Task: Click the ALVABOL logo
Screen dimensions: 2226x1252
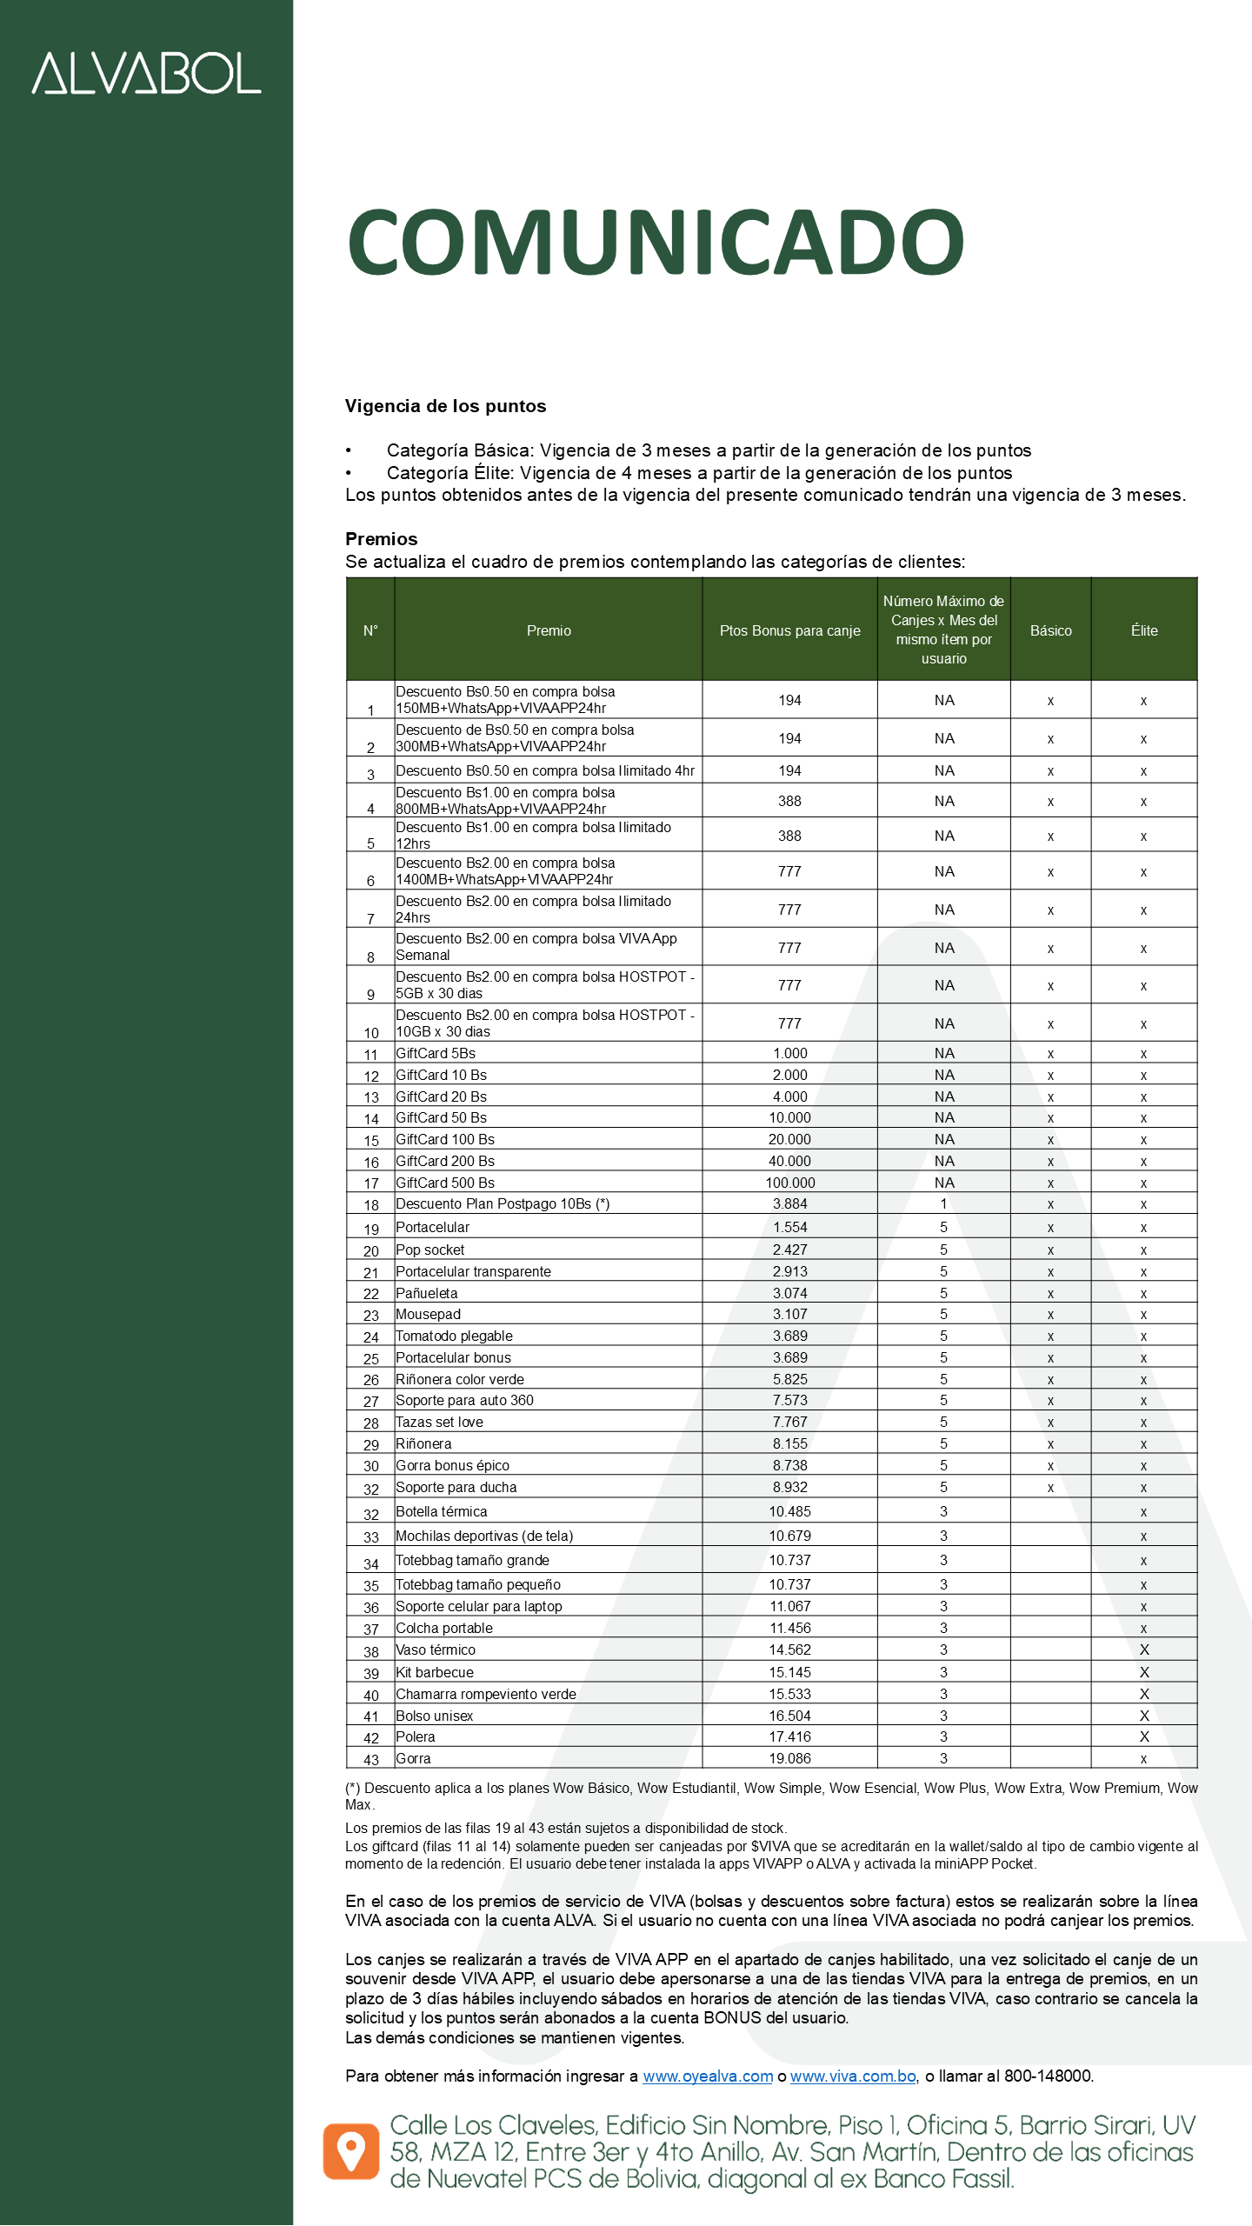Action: [x=146, y=73]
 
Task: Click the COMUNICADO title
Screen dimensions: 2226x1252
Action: [x=656, y=242]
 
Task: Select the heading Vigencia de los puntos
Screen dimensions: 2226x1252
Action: [x=445, y=406]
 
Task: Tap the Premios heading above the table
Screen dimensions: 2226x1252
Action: [x=381, y=539]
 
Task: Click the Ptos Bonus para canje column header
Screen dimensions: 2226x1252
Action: [x=789, y=630]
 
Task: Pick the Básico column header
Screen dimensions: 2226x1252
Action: [x=1050, y=630]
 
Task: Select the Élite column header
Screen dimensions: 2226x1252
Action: [x=1143, y=630]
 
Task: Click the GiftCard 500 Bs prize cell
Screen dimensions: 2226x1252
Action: [x=445, y=1183]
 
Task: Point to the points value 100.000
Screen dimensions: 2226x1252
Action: [x=789, y=1183]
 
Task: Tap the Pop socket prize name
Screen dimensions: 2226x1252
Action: [x=430, y=1250]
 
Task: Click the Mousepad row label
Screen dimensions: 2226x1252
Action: [x=429, y=1314]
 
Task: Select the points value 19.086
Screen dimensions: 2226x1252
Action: [x=789, y=1758]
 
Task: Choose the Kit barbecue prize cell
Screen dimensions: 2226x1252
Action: [x=435, y=1672]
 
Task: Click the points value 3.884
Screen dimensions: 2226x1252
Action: [x=789, y=1204]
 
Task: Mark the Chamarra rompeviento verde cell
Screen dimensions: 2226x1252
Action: [x=486, y=1694]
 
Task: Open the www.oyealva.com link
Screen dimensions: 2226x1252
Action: [x=708, y=2076]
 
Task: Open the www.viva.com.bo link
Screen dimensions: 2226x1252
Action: [x=853, y=2076]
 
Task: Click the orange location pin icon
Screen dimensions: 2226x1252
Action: [x=351, y=2152]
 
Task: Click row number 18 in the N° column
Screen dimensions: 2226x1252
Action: [x=371, y=1205]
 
